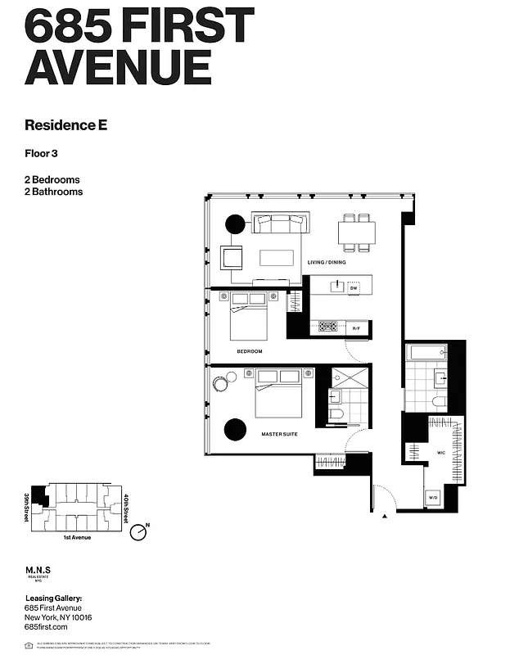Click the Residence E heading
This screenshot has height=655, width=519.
coord(66,125)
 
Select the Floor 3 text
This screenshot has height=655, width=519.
coord(43,152)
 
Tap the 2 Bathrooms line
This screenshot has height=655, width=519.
coord(54,192)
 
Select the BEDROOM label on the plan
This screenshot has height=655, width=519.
coord(249,351)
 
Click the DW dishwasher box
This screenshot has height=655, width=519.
coord(354,288)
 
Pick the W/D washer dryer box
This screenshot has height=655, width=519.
coord(433,498)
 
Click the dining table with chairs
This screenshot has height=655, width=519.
coord(357,233)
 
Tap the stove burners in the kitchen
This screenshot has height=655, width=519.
coord(328,327)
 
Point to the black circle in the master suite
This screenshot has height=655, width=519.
coord(235,428)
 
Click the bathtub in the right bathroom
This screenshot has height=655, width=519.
coord(426,355)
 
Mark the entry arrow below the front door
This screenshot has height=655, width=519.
coord(384,516)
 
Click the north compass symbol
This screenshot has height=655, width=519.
coord(140,533)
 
